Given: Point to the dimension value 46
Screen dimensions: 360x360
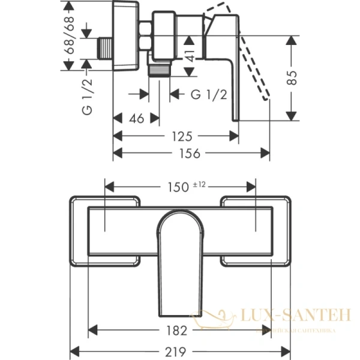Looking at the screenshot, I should (136, 119).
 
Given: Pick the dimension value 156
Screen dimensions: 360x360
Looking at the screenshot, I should (191, 153).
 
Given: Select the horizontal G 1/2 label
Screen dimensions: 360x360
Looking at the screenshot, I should (209, 94).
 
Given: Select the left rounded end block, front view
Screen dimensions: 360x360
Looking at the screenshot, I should (105, 230).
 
